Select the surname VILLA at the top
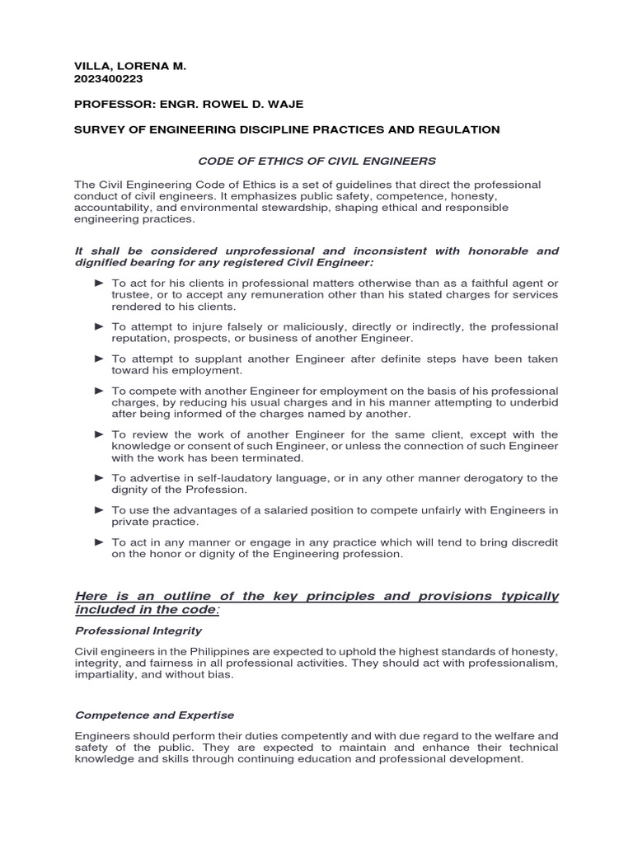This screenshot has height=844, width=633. point(91,65)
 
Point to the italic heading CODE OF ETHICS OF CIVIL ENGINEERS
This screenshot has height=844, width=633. point(316,161)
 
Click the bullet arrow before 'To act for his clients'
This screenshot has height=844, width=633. point(99,283)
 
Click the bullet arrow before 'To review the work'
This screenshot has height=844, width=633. point(99,434)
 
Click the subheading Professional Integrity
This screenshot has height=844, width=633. point(138,631)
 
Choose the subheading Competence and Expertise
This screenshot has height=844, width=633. point(154,715)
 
